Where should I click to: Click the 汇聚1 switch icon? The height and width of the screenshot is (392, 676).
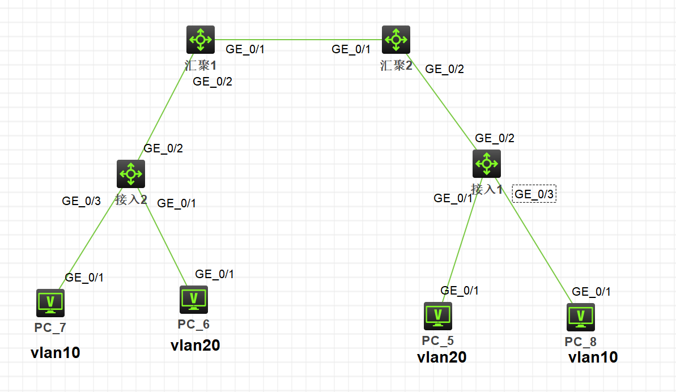(x=201, y=40)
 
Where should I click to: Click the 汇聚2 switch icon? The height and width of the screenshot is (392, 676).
(x=396, y=40)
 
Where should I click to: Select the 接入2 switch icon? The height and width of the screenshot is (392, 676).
(x=131, y=173)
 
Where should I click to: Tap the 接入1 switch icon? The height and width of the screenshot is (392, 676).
(x=487, y=164)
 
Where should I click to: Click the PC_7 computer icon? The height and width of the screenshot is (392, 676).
(x=50, y=303)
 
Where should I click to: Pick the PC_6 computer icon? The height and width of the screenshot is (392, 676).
(x=194, y=300)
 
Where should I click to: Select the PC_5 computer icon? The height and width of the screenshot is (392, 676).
(x=438, y=316)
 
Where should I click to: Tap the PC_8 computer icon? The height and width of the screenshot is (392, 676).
(x=581, y=317)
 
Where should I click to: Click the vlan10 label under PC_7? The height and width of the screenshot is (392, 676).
(x=55, y=353)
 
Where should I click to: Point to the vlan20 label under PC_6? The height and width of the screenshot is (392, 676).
(x=195, y=346)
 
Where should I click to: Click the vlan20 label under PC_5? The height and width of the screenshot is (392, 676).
(x=441, y=357)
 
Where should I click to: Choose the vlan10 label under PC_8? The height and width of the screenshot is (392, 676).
(x=593, y=357)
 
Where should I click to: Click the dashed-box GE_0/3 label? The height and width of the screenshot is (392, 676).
(x=534, y=194)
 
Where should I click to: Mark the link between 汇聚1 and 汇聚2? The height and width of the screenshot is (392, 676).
(x=297, y=40)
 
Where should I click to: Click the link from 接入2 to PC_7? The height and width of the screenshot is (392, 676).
(x=91, y=238)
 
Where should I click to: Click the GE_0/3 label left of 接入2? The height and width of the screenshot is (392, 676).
(x=82, y=201)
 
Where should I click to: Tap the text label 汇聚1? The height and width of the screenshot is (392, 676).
(x=201, y=65)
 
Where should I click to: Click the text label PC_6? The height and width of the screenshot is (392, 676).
(x=193, y=324)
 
